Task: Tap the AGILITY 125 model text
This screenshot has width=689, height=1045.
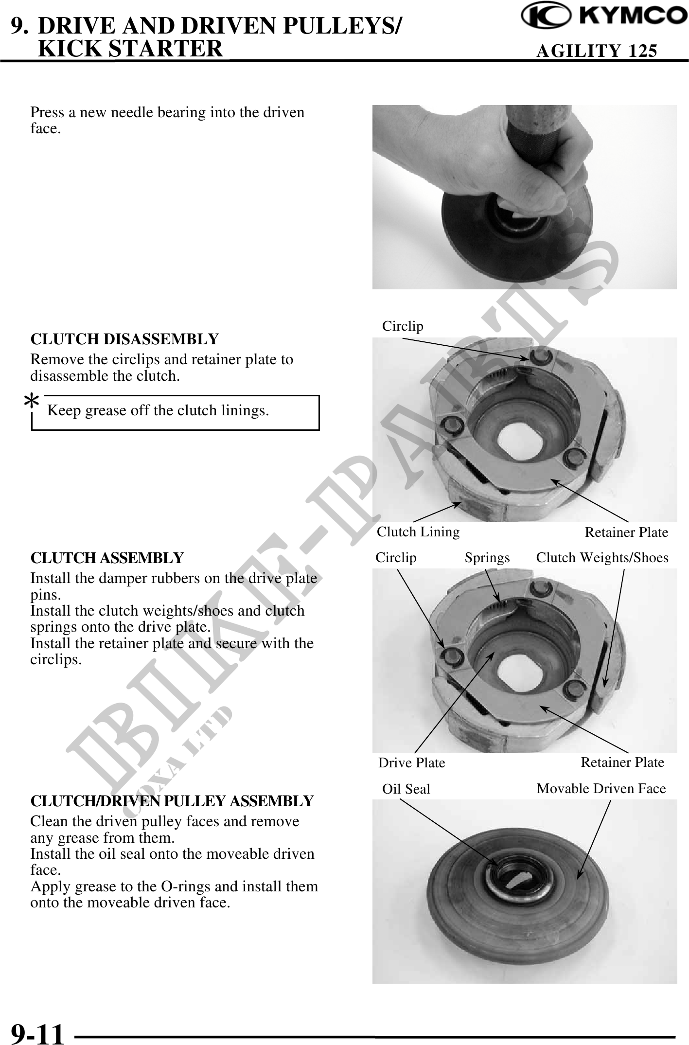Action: click(596, 51)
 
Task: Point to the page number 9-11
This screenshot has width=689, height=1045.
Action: click(37, 1032)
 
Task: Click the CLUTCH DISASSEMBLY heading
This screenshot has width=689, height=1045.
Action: click(124, 338)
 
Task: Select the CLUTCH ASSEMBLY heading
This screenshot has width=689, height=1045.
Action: click(107, 557)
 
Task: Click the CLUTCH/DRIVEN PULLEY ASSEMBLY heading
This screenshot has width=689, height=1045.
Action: click(172, 800)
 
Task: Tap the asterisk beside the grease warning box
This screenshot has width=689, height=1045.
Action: click(32, 402)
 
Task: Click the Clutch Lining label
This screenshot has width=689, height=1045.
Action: click(418, 531)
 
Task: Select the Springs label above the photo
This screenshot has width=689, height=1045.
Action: click(487, 558)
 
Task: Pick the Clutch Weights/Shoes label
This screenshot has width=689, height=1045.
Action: click(602, 558)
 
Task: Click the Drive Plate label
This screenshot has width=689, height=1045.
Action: click(411, 762)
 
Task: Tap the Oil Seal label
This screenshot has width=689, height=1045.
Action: click(406, 789)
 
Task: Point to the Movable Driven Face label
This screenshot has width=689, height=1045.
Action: click(601, 788)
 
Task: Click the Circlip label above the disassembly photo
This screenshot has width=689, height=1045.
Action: click(403, 326)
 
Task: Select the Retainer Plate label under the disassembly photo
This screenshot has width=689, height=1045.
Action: click(626, 532)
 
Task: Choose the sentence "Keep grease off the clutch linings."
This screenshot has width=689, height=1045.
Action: click(158, 410)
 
